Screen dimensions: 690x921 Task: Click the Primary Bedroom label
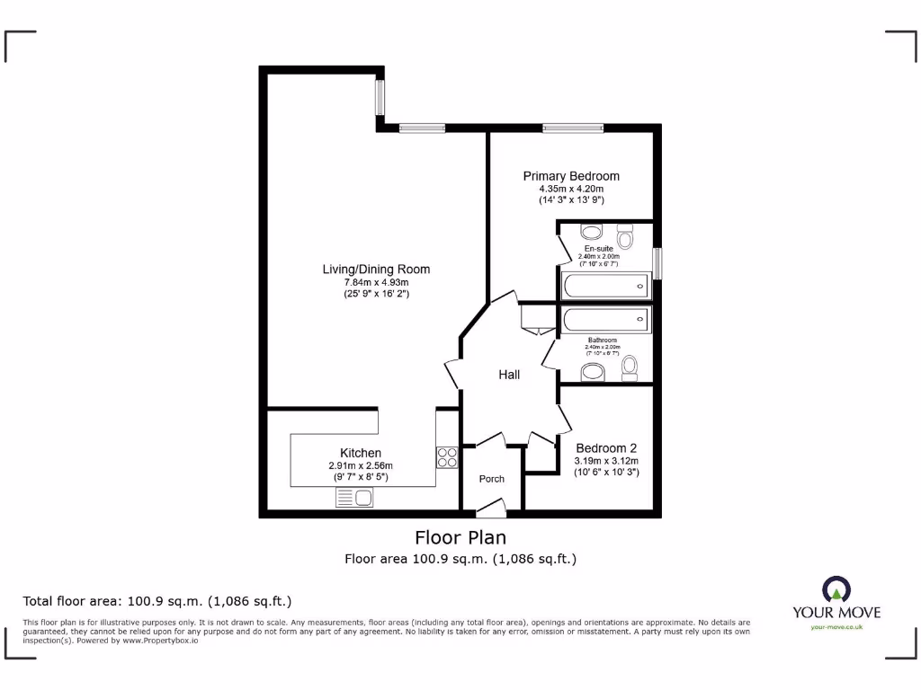pos(571,176)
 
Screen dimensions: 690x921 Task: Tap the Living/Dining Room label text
pos(376,269)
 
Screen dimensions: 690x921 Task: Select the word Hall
pos(509,375)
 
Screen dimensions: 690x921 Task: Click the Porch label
pos(491,479)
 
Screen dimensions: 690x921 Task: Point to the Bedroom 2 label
pos(606,448)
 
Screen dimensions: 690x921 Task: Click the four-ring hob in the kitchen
pos(447,457)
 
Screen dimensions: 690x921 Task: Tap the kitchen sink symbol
pos(354,498)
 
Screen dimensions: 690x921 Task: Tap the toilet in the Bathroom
pos(630,366)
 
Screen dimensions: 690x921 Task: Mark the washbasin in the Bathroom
pos(594,372)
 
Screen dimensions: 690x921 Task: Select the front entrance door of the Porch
pos(490,511)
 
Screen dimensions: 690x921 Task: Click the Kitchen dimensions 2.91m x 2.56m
pos(361,465)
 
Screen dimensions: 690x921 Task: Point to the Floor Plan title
pos(460,537)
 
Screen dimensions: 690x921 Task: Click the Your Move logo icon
pos(836,590)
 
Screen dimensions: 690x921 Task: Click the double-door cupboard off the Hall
pos(537,321)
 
